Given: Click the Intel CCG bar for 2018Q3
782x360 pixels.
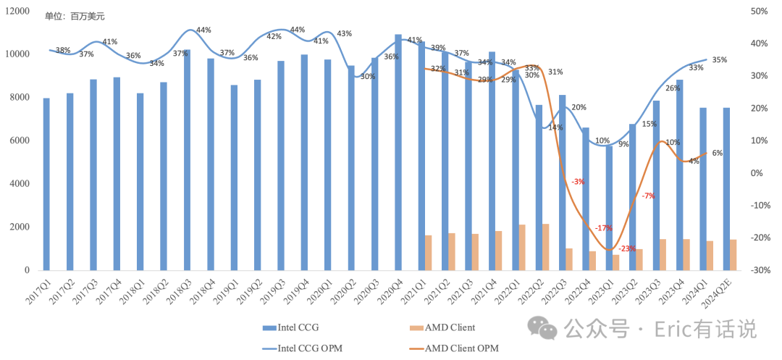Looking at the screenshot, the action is [187, 160].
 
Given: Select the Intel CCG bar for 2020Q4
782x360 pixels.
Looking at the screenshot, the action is [398, 153].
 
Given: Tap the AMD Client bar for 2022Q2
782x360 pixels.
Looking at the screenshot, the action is [546, 247].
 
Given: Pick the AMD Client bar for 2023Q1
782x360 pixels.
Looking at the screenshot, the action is [616, 263].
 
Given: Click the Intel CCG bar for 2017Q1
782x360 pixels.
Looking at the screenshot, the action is [46, 185].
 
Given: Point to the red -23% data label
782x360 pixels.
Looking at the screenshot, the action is [627, 248].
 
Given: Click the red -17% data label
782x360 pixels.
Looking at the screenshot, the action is [603, 228].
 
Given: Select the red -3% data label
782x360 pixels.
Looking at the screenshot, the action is [578, 182].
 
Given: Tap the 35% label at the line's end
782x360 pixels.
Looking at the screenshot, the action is [719, 60].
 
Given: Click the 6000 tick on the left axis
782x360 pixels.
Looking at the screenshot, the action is [20, 141].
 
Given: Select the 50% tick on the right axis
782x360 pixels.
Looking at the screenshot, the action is [757, 11].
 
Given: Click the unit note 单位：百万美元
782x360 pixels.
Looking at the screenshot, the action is [75, 17].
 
